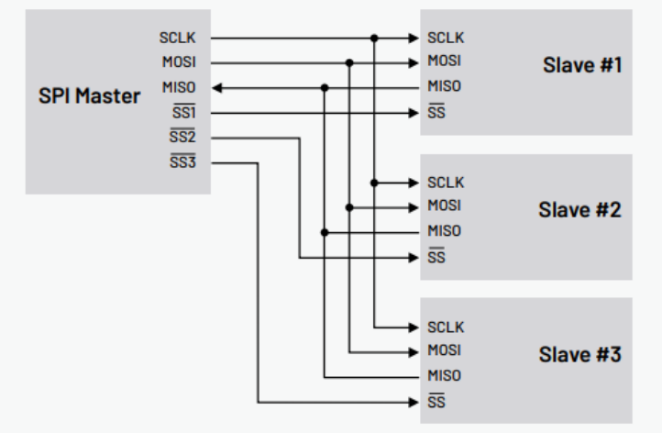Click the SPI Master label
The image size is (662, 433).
pos(91,94)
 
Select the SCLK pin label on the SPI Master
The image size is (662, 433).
pos(189,39)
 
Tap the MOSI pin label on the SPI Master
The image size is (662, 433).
pos(189,63)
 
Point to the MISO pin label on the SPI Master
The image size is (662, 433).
pos(189,88)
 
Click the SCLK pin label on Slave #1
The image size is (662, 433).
pos(445,39)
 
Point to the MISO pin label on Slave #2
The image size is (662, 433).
pos(445,231)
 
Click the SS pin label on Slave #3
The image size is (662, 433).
pos(435,402)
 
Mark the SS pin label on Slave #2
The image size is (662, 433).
pos(435,258)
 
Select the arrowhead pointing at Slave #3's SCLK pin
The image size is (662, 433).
pos(413,328)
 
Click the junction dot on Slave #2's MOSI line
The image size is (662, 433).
pos(349,207)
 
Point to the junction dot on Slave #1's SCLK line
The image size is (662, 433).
pos(374,39)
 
